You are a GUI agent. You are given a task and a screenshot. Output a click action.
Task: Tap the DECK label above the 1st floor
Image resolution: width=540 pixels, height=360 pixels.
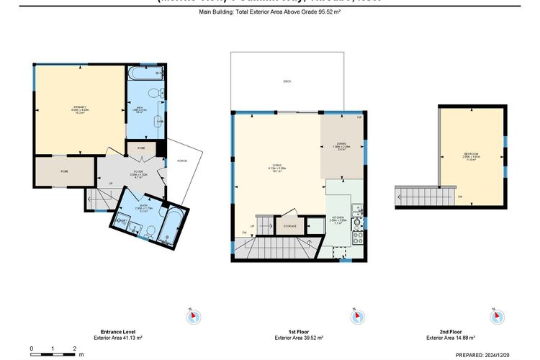(287, 81)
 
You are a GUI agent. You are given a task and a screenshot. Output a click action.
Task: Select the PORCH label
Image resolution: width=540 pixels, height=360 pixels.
(181, 161)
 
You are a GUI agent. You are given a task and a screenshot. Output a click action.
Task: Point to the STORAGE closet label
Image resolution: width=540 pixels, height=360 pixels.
(289, 225)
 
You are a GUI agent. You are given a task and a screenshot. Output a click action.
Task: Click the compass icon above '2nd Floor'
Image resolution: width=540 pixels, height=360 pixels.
(495, 317)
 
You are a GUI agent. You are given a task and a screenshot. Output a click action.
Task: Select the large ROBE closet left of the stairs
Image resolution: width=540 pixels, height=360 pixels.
(65, 171)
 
